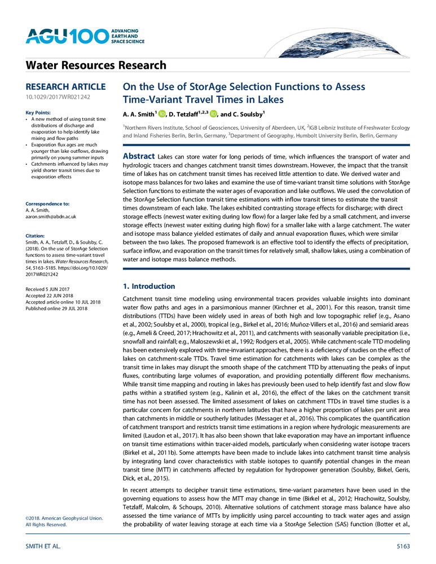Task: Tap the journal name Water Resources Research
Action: tap(96, 66)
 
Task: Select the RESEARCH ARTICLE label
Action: tap(65, 87)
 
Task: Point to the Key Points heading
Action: tap(40, 113)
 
